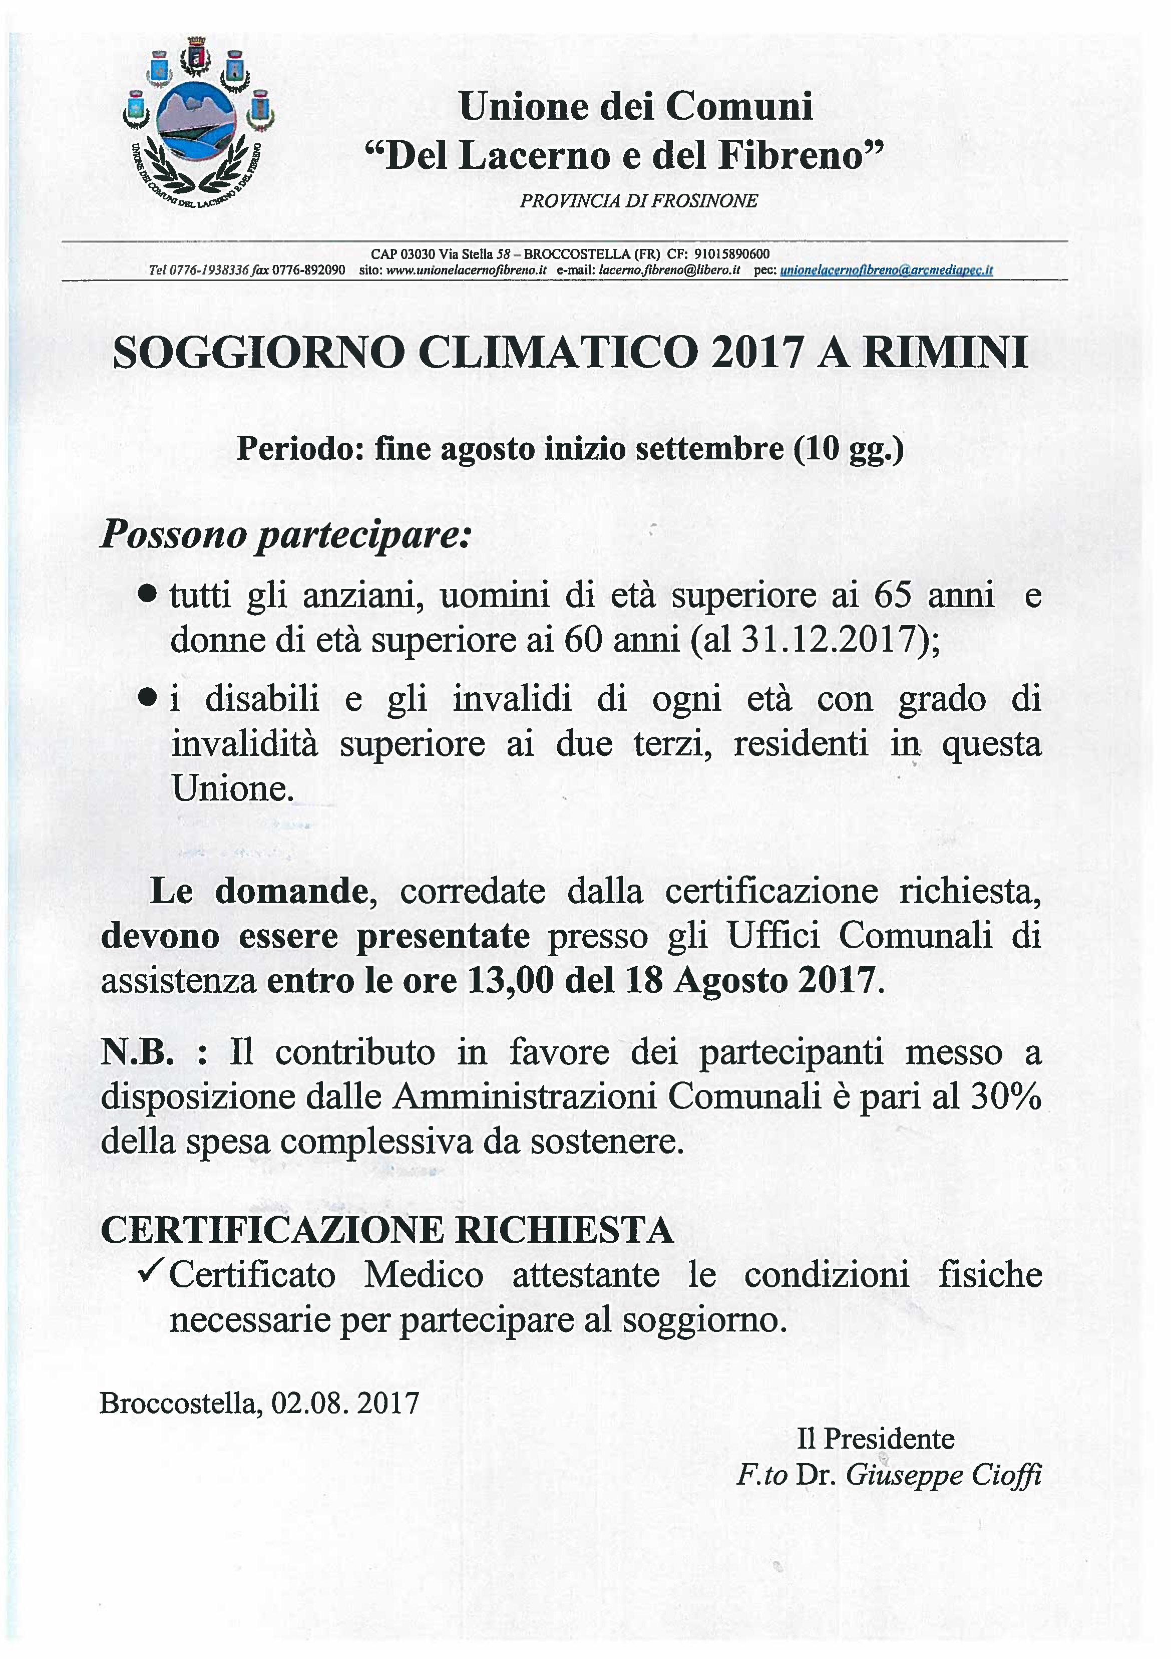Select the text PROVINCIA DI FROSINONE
(639, 201)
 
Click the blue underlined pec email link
(886, 270)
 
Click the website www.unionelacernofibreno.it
(466, 270)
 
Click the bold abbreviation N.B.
(137, 1053)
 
